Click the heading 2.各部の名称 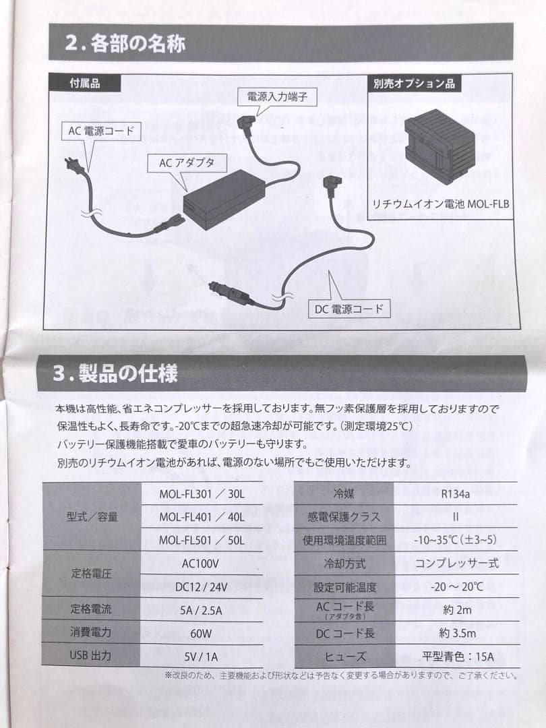[126, 44]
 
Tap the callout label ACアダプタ [187, 162]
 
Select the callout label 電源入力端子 [277, 97]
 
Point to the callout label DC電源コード [348, 309]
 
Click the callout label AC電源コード [101, 131]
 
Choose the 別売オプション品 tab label [414, 84]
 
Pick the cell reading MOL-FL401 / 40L [202, 517]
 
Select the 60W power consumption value [200, 633]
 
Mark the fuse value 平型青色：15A [457, 656]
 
